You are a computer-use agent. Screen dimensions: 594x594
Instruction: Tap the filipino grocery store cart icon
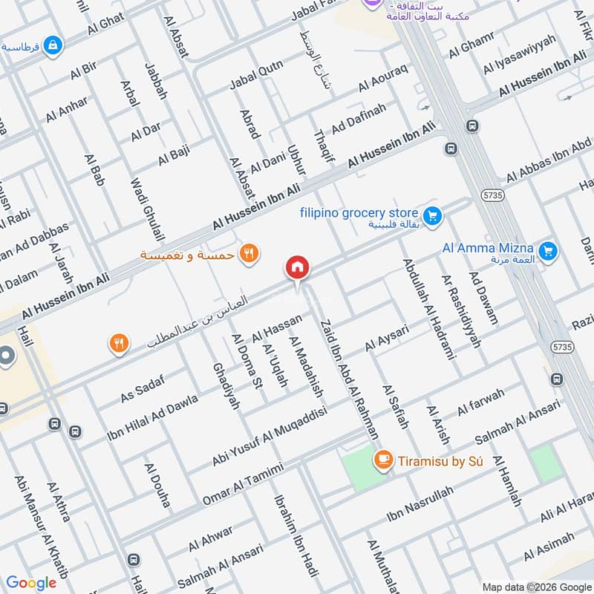tap(434, 218)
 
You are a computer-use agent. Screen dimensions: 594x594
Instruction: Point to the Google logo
tap(31, 583)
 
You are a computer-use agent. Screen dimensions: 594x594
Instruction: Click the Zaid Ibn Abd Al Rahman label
tap(348, 379)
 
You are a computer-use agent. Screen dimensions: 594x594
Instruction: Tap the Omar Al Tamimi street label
tap(243, 484)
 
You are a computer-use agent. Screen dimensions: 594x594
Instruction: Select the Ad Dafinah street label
tap(359, 118)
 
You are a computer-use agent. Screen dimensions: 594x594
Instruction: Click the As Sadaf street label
tap(143, 388)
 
